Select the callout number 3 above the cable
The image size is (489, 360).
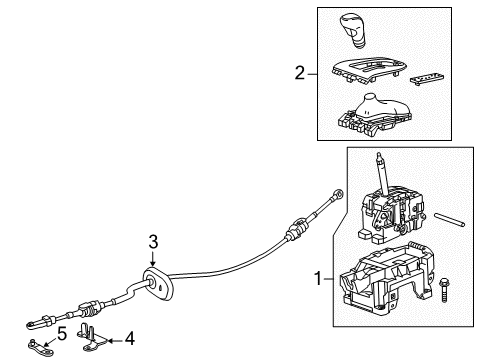153,240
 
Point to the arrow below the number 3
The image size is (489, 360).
153,262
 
